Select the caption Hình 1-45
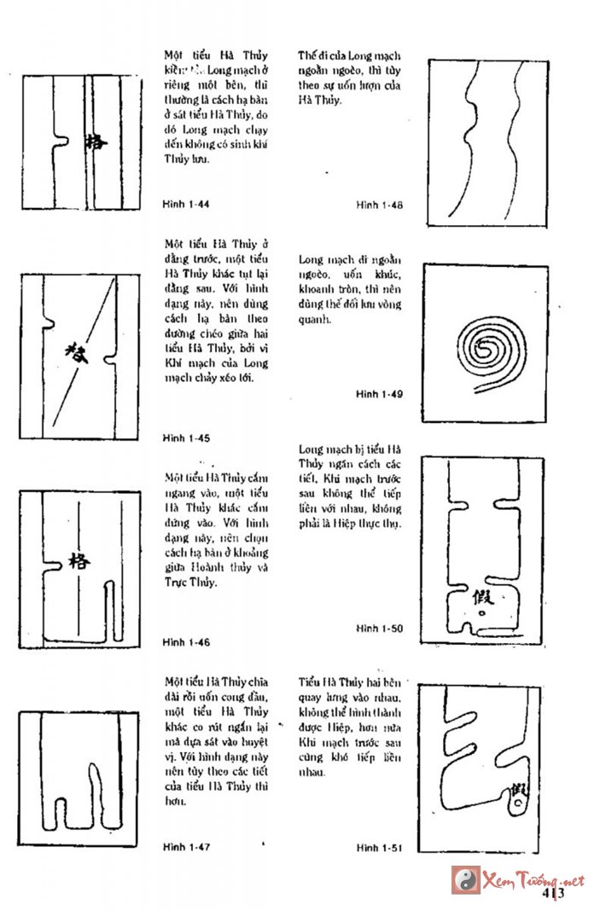tap(186, 438)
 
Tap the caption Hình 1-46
tap(186, 641)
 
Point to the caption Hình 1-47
tap(186, 847)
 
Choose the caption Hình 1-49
tap(380, 394)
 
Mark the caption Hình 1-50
tap(380, 629)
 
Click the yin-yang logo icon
tap(466, 879)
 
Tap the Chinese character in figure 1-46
tap(79, 560)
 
